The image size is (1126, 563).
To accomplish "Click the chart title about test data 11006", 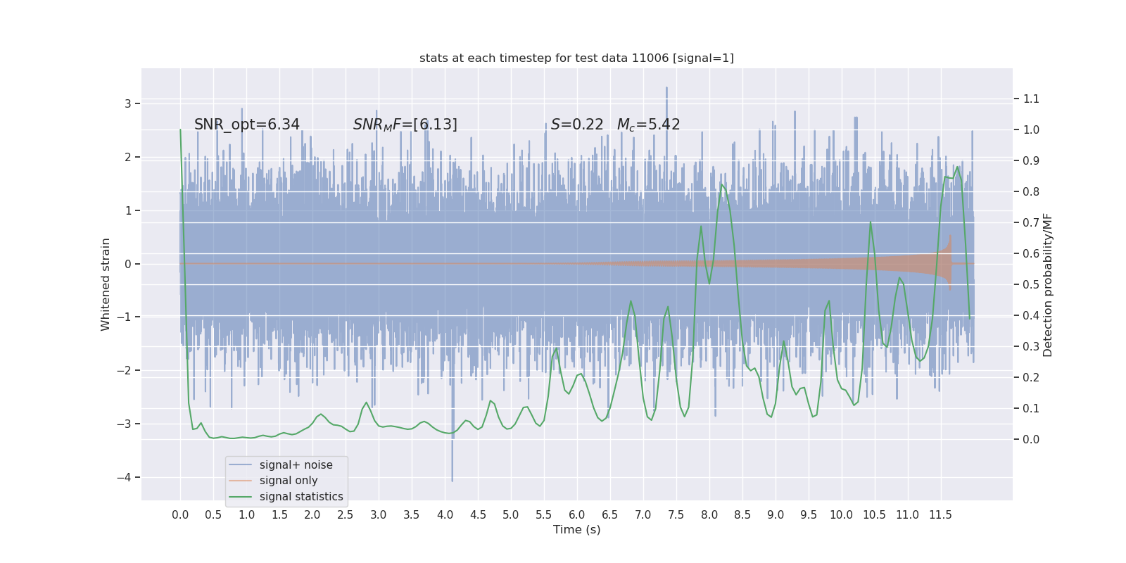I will click(x=576, y=58).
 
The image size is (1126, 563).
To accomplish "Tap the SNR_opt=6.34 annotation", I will click(x=247, y=125).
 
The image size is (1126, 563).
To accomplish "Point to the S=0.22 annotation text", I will click(x=577, y=125).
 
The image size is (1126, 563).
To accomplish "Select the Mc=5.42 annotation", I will click(x=648, y=125).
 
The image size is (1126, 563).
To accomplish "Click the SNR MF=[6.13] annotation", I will click(x=405, y=125).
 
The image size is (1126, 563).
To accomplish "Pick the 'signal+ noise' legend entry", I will click(x=296, y=465).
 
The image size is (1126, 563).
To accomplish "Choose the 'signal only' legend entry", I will click(x=289, y=481).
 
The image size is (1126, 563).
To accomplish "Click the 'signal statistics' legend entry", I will click(x=301, y=497).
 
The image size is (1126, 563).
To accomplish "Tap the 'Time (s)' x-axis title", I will click(x=576, y=530).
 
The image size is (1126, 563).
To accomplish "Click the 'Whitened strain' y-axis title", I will click(x=106, y=284).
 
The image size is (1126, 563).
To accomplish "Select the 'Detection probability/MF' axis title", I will click(x=1048, y=284).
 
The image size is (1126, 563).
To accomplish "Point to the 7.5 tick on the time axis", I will click(x=676, y=514).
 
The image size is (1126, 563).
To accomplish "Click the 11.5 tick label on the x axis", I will click(x=940, y=514).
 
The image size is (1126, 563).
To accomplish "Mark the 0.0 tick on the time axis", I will click(x=180, y=514).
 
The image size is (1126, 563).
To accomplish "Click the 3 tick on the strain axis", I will click(x=128, y=103).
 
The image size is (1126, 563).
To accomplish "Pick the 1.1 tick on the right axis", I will click(x=1031, y=99).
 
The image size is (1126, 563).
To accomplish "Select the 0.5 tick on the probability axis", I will click(x=1031, y=284).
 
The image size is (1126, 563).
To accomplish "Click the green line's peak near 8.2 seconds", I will click(x=721, y=184).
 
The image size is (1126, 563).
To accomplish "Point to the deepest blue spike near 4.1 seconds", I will click(x=452, y=480).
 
